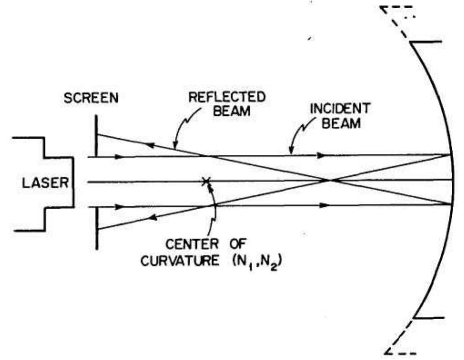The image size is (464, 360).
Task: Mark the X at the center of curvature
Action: pos(206,181)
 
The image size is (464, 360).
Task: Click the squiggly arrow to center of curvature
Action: pos(213,209)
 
